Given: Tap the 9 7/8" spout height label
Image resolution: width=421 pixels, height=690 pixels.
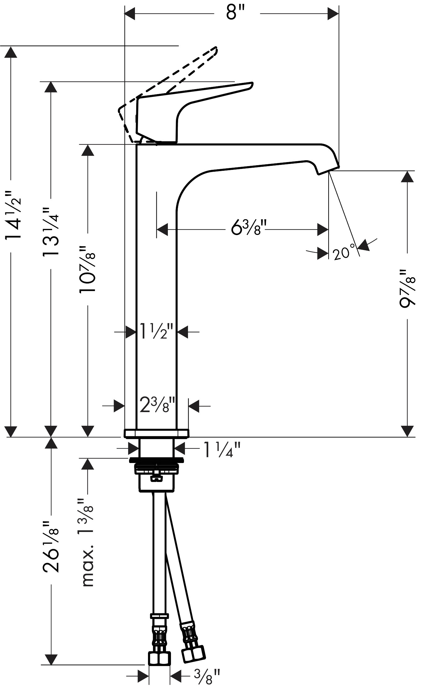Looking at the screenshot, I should (x=407, y=288).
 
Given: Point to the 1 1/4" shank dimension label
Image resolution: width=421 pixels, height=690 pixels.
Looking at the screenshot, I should (x=222, y=450).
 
